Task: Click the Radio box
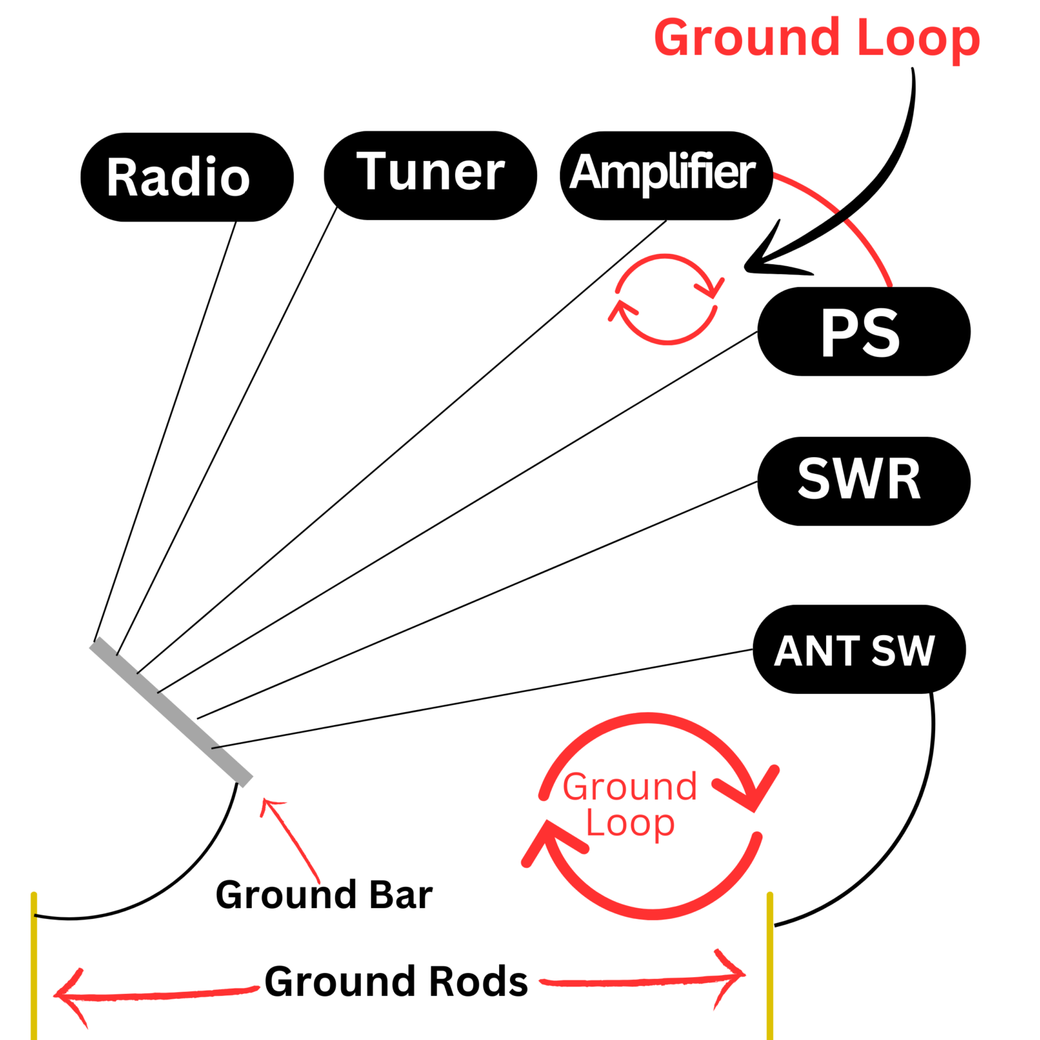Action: click(187, 177)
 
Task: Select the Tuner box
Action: click(431, 175)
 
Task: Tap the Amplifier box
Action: click(666, 175)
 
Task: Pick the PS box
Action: click(863, 332)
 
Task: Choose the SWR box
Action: click(863, 481)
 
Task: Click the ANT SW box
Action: click(859, 649)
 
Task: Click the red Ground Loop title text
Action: click(817, 39)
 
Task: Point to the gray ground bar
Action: click(171, 711)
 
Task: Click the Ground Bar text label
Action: click(324, 895)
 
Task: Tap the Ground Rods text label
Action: click(396, 982)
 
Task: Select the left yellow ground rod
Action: click(34, 968)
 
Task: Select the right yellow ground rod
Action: click(770, 968)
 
